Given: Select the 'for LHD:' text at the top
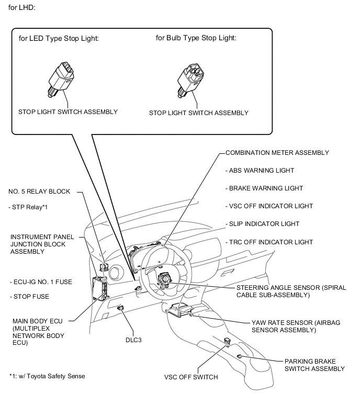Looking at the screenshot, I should pos(21,8).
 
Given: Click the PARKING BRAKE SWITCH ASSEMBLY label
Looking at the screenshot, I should pos(314,365).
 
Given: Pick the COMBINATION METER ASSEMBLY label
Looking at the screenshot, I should pos(277,153).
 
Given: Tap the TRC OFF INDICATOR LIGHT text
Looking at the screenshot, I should pos(269,242).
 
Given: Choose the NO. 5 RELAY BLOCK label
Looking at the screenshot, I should pos(42,191).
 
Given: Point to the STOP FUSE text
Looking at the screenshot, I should pos(29,297).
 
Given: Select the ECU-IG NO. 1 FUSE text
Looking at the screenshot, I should pos(41,282).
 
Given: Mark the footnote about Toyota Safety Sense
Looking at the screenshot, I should pos(47,376).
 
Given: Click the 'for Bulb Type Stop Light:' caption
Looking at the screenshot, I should pos(196,38).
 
